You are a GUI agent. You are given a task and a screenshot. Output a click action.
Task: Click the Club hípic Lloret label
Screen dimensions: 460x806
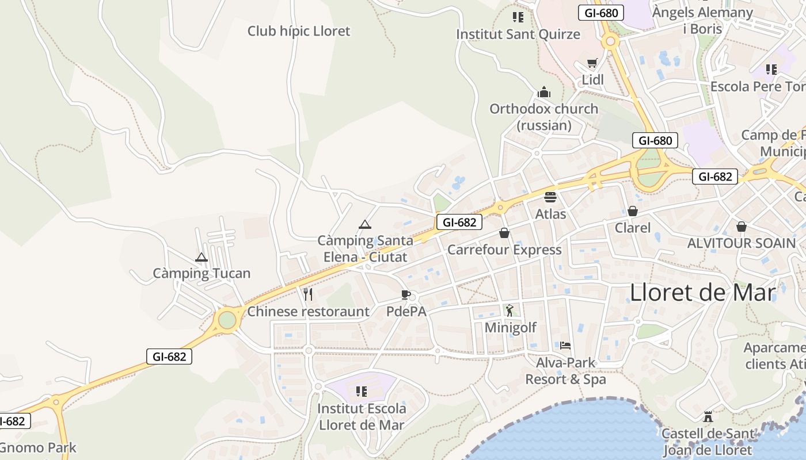(x=298, y=31)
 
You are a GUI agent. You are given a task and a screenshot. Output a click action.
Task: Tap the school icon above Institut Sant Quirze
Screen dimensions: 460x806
(x=518, y=17)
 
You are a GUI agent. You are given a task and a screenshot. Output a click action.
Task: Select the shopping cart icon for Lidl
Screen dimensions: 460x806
(x=592, y=63)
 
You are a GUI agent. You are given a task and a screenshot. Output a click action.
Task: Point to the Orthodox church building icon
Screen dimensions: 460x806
(x=543, y=92)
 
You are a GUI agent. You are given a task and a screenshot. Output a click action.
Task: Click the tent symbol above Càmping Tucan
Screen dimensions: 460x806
(x=201, y=257)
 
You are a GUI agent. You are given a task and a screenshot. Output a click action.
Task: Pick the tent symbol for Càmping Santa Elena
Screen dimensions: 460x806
(x=364, y=224)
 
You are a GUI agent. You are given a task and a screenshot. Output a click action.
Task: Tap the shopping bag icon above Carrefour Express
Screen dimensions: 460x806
(x=504, y=233)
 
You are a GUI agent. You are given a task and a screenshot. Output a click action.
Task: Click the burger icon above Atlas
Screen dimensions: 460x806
(x=550, y=197)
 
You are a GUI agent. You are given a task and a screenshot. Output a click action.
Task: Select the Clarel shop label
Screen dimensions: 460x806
(x=633, y=228)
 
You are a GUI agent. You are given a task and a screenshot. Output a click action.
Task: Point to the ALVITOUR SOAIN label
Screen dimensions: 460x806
(x=742, y=243)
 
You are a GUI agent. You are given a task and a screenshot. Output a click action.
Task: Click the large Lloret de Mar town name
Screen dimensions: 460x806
(x=702, y=293)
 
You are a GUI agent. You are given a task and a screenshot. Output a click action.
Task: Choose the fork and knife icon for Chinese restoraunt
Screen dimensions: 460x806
(x=308, y=295)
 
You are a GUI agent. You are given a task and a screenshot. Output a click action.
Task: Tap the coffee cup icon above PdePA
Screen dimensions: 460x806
(x=406, y=295)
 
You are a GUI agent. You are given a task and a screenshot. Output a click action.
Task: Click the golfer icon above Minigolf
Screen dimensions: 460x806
(x=510, y=310)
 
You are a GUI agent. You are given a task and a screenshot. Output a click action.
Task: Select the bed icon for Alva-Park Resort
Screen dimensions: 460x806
(x=565, y=346)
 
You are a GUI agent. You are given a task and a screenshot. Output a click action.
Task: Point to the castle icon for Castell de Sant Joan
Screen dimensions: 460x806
(x=708, y=416)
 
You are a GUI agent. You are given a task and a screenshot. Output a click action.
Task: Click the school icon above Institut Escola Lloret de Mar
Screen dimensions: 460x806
(x=362, y=392)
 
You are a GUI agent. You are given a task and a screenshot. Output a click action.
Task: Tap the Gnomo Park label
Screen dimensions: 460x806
(x=38, y=447)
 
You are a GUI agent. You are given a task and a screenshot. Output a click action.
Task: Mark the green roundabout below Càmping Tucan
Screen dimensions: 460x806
(x=227, y=320)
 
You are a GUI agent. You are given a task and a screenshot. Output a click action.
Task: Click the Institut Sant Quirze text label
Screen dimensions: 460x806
(x=518, y=34)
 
